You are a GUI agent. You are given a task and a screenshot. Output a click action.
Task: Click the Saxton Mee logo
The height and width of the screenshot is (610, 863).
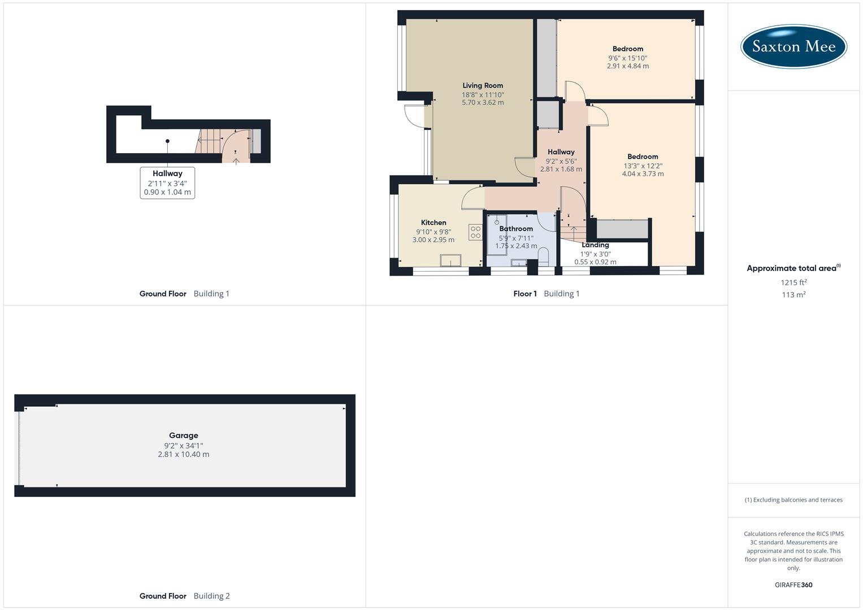[793, 46]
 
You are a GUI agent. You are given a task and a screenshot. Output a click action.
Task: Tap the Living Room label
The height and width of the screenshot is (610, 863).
[483, 85]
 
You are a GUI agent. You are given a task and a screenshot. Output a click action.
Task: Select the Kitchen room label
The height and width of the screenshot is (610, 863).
[433, 223]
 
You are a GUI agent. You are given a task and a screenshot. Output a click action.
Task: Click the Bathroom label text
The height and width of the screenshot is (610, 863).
[516, 229]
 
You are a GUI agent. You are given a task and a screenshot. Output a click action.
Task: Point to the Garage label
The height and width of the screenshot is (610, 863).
[184, 435]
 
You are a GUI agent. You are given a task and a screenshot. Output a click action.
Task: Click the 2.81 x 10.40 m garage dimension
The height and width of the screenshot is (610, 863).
[184, 454]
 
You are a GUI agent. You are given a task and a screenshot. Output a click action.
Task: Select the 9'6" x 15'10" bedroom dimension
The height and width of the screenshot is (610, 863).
[628, 58]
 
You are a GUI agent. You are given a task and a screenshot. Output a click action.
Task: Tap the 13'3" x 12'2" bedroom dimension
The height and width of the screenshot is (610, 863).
[643, 166]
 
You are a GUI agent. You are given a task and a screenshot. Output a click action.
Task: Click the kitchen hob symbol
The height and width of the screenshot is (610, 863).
[475, 232]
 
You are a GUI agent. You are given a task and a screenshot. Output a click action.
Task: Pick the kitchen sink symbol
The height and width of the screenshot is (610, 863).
[450, 260]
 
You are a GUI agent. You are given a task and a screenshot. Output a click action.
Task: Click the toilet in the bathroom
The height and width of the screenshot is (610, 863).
[544, 259]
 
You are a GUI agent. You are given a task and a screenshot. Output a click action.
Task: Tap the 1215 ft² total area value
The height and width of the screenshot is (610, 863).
[793, 282]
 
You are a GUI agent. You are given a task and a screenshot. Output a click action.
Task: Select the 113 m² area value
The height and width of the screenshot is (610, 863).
[793, 295]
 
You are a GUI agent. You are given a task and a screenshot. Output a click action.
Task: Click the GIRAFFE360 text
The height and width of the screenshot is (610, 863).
[793, 585]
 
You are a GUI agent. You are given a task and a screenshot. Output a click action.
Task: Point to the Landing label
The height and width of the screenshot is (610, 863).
[595, 245]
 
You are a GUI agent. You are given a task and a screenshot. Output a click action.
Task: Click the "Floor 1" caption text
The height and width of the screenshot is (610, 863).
[525, 294]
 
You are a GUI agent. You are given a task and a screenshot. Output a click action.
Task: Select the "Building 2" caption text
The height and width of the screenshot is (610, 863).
[211, 596]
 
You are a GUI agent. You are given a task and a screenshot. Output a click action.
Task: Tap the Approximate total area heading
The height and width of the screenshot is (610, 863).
[791, 268]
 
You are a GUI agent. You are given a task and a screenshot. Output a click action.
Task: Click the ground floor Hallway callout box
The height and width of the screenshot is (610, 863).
[167, 182]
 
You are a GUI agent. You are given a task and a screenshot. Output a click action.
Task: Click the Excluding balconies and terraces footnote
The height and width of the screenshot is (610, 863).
[793, 500]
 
